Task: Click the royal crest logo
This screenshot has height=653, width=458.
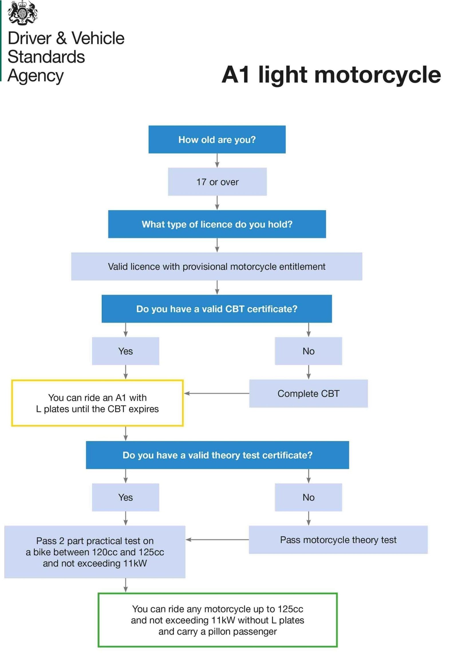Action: (23, 13)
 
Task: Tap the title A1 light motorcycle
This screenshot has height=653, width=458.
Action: (331, 75)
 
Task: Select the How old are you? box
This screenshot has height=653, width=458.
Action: (217, 139)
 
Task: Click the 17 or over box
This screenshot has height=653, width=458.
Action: (217, 182)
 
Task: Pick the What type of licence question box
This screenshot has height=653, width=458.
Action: (217, 224)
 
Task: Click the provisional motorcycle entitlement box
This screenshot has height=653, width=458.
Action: (216, 266)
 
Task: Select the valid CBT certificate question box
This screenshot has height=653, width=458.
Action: (216, 308)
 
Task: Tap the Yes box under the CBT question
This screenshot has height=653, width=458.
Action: (125, 351)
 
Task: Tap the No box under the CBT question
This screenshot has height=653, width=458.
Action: (308, 351)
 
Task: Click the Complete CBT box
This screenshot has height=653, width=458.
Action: (308, 393)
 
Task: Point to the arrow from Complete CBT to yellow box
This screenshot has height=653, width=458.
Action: (216, 393)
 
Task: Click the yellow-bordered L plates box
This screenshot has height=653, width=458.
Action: (97, 403)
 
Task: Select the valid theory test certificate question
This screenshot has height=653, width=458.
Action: (217, 455)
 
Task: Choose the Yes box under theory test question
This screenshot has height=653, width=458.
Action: (125, 497)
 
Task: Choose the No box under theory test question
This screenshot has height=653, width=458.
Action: (308, 497)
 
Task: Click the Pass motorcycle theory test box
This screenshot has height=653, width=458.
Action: (338, 539)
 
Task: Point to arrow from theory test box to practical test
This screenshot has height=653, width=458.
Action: (217, 539)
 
